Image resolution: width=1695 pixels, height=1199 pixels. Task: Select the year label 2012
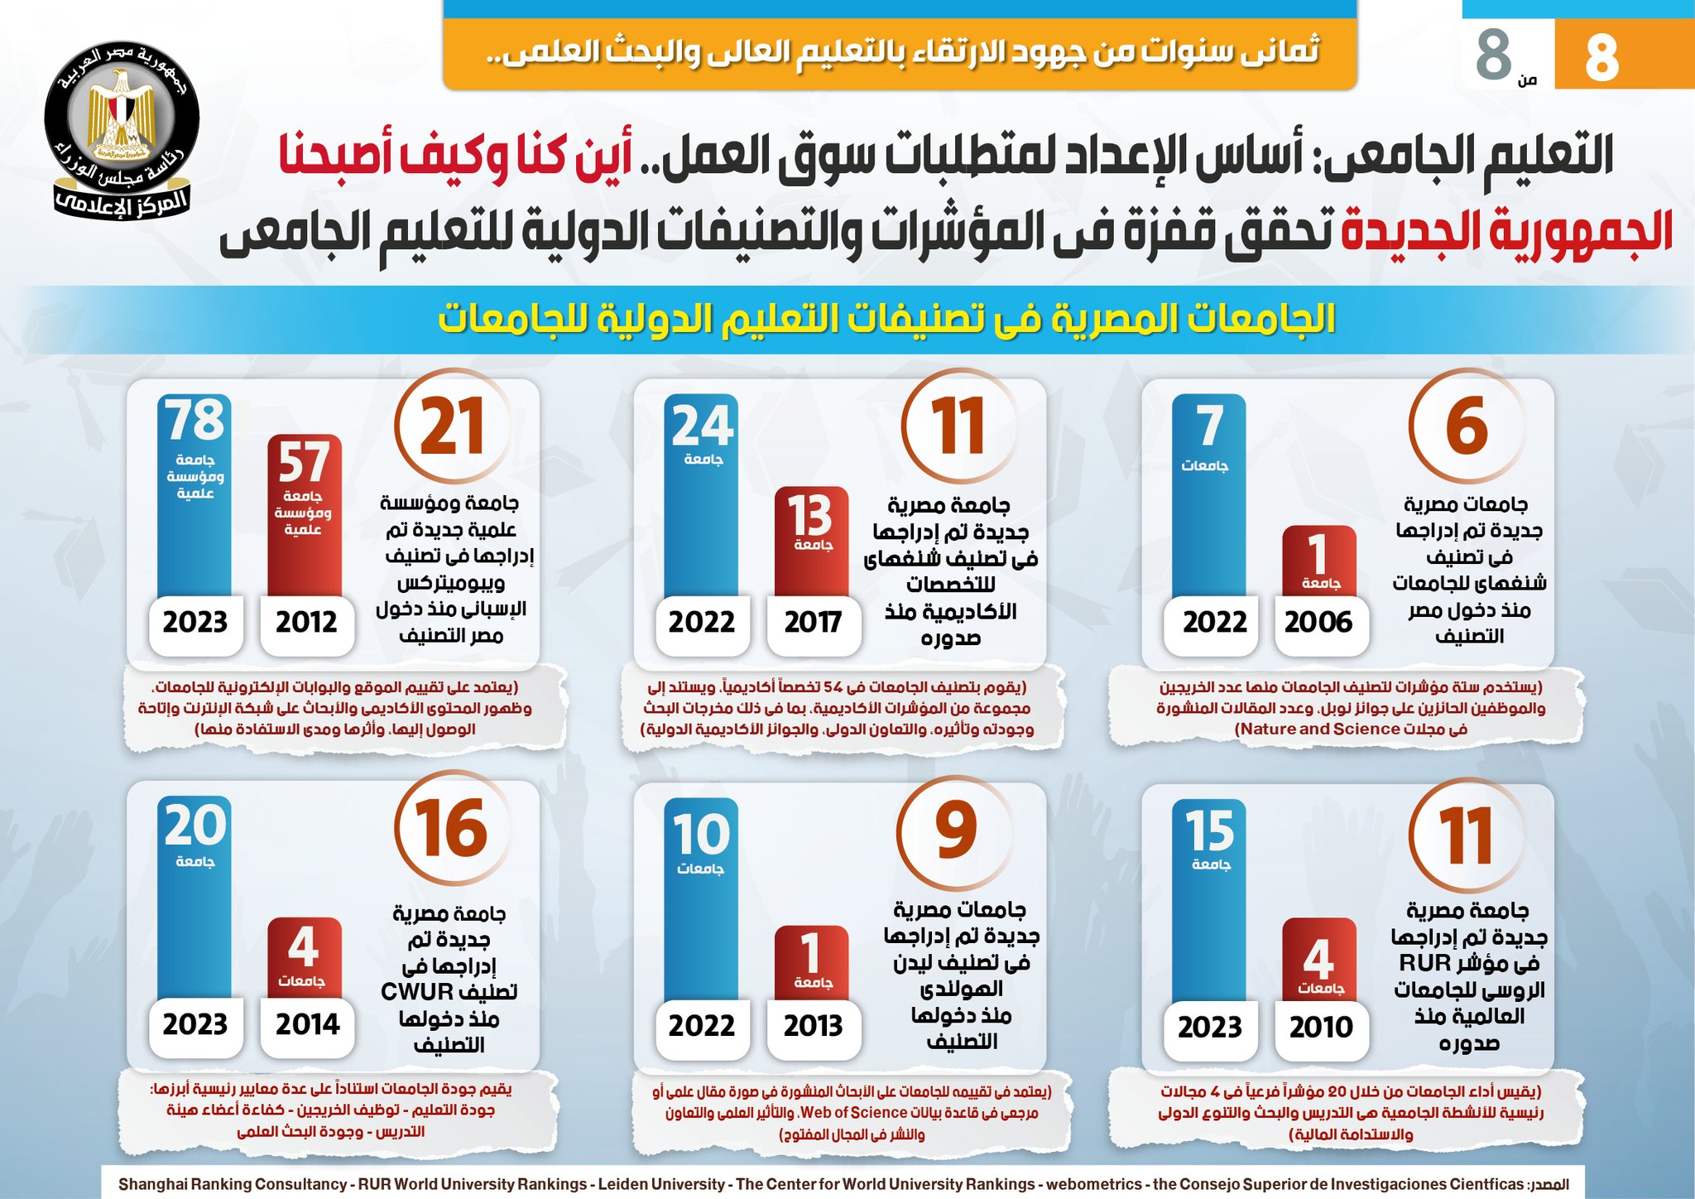[x=306, y=622]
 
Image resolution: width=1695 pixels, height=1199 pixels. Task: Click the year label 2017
[x=813, y=622]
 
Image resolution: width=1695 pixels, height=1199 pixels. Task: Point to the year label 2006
[x=1318, y=622]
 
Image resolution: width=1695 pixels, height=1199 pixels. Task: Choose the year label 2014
[x=307, y=1024]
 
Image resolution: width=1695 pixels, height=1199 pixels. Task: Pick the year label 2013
[x=813, y=1026]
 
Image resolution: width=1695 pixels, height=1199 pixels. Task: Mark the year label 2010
[x=1320, y=1028]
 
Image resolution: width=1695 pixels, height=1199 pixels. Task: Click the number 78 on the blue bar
[x=194, y=421]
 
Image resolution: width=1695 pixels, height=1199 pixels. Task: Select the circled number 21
[x=452, y=427]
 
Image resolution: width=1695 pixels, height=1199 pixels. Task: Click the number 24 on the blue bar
[x=702, y=426]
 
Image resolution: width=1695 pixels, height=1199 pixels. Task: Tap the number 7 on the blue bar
[x=1209, y=426]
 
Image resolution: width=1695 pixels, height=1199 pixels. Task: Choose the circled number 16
[x=451, y=829]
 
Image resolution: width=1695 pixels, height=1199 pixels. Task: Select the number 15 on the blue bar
[x=1209, y=831]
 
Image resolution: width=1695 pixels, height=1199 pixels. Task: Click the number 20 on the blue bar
[x=194, y=826]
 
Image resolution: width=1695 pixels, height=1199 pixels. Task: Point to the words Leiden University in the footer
[x=661, y=1185]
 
